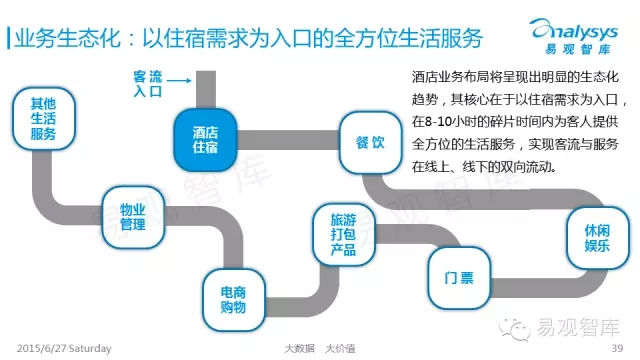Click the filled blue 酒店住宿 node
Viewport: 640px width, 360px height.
tap(205, 140)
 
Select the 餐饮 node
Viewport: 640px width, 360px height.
tap(370, 142)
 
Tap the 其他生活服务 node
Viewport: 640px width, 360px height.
tap(43, 118)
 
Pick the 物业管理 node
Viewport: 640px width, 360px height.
tap(133, 217)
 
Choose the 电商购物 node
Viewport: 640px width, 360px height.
tap(233, 300)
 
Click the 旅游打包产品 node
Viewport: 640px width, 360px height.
tap(344, 234)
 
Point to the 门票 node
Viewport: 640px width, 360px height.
tap(459, 278)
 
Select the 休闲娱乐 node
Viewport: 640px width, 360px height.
tap(598, 238)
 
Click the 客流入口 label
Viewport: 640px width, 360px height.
tap(148, 84)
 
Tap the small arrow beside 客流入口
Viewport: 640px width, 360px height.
tap(179, 80)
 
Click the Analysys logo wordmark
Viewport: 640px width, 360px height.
tap(574, 30)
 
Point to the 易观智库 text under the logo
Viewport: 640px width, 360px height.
tap(578, 49)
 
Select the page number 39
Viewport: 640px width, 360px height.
tap(617, 348)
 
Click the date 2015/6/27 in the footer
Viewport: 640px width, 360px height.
tap(41, 349)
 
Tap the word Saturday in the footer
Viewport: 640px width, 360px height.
tap(90, 349)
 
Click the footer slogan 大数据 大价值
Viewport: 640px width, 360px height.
tap(320, 349)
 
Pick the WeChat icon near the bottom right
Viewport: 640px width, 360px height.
tap(514, 328)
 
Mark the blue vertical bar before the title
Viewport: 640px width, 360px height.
tap(8, 38)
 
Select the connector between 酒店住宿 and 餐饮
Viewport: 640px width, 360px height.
tap(288, 140)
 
